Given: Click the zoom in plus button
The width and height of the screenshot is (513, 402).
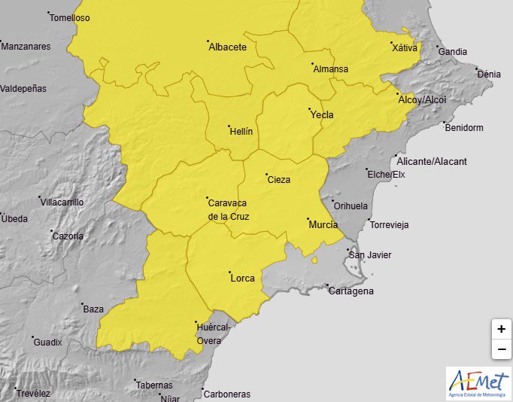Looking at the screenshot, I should [501, 329].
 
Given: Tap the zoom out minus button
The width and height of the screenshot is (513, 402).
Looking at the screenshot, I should [501, 349].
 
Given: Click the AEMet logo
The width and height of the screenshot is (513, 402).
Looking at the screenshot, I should [478, 383].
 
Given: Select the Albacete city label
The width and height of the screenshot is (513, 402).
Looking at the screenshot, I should [227, 47].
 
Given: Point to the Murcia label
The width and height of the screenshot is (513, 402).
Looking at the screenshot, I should [323, 224].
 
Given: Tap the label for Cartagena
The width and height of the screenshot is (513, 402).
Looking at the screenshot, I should [351, 291].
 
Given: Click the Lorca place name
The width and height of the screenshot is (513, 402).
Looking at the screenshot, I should [242, 278].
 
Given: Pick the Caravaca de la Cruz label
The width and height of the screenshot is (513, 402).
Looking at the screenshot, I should [228, 209].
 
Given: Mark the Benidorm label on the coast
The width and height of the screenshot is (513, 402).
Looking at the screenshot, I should [463, 127].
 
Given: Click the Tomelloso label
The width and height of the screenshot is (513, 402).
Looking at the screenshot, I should [69, 17].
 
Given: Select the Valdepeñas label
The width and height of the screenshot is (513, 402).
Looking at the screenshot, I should [23, 88].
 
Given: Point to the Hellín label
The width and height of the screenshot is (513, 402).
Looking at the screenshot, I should [241, 131].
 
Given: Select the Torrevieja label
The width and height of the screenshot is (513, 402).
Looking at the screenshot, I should [388, 225].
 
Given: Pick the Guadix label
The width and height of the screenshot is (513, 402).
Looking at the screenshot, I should [47, 342].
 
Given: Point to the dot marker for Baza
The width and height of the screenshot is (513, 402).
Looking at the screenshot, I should [82, 304].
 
